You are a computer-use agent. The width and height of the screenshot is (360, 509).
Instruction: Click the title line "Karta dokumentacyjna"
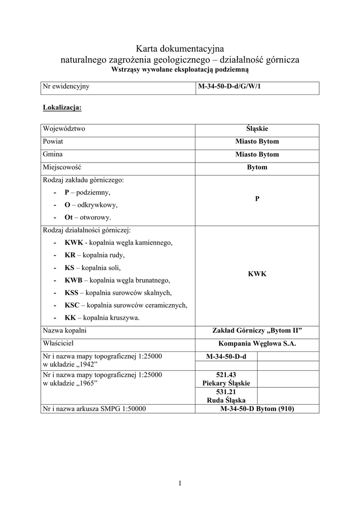[180, 49]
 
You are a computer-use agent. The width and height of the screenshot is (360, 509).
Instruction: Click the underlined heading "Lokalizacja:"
[62, 107]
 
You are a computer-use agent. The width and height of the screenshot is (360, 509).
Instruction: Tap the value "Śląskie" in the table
[257, 129]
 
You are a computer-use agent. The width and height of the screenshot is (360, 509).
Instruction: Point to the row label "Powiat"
[53, 142]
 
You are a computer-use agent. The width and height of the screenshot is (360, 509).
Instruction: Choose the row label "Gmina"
[53, 155]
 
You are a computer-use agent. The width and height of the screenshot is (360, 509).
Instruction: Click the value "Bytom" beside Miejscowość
[257, 168]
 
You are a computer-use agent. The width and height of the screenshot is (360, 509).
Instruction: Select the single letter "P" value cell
[257, 199]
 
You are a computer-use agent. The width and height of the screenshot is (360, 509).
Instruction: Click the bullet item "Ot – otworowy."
[88, 218]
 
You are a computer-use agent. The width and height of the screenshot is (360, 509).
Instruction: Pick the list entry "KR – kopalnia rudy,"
[94, 255]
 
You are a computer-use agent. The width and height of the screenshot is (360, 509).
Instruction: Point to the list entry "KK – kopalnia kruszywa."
[102, 318]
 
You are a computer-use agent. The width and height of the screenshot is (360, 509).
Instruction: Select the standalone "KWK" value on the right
[257, 274]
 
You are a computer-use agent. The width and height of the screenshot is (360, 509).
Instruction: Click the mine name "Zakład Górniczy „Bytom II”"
[257, 331]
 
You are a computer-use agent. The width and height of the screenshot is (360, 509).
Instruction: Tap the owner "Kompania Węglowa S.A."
[257, 343]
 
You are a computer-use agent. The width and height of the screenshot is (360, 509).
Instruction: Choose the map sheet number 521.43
[226, 375]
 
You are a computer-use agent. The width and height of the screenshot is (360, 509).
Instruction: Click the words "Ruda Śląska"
[226, 400]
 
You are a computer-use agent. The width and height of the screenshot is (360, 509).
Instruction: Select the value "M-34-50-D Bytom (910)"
[257, 409]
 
